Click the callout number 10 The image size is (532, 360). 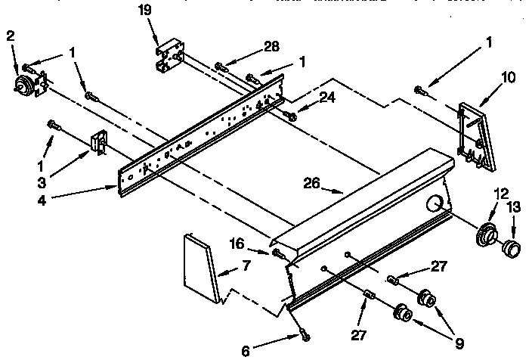pyautogui.click(x=508, y=76)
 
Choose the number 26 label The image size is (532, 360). pyautogui.click(x=312, y=182)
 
